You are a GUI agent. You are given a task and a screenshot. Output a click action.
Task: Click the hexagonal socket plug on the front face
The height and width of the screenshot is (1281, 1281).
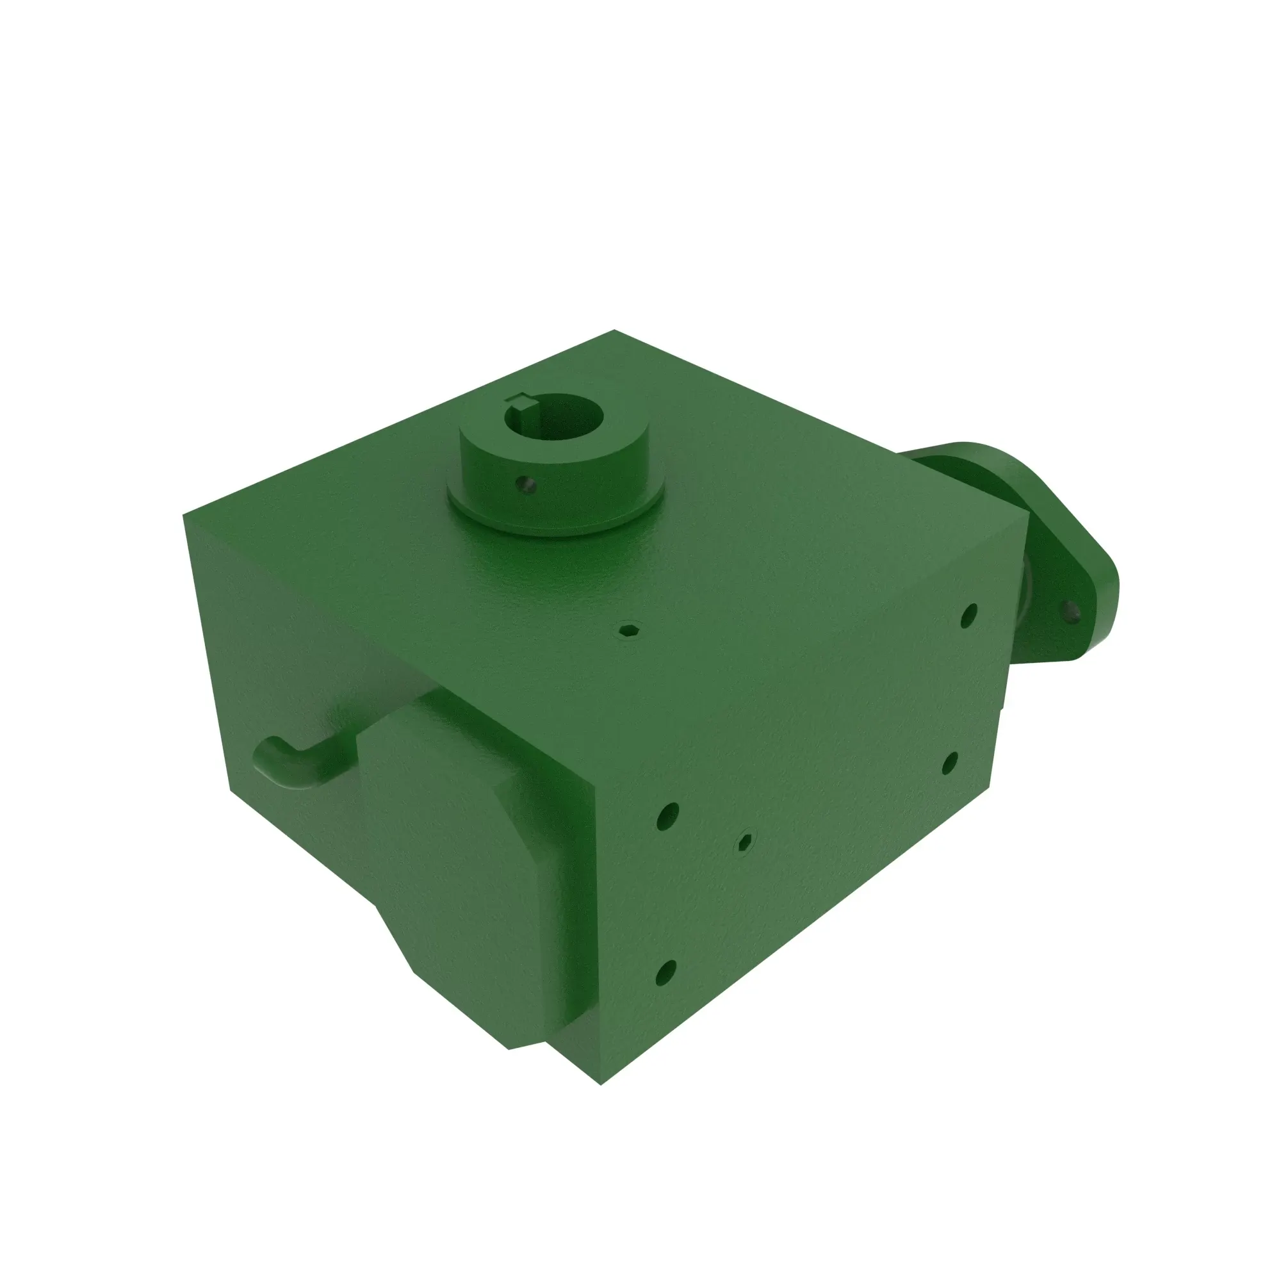click(746, 843)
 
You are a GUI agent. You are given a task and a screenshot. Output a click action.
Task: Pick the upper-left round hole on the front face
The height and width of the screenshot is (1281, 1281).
click(667, 817)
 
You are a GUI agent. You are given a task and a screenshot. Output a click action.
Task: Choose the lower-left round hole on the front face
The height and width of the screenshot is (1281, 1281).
click(665, 973)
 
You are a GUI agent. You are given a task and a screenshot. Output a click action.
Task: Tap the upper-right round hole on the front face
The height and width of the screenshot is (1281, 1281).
click(968, 616)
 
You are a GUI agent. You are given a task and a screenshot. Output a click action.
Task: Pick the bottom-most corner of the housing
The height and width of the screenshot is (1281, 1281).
click(601, 1085)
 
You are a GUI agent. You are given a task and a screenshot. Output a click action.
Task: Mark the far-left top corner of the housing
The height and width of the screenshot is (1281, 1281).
click(184, 514)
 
